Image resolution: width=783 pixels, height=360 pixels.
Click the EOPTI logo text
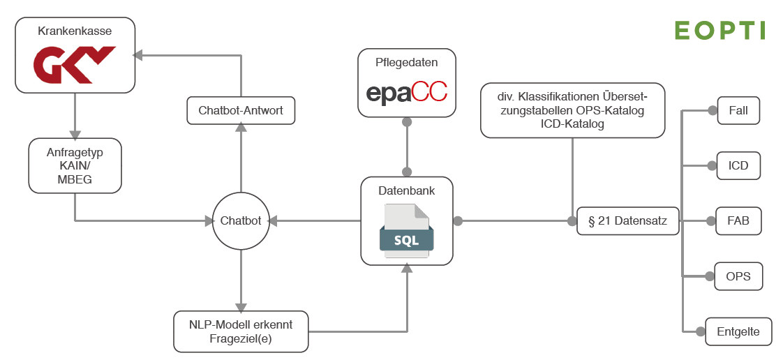coord(719,30)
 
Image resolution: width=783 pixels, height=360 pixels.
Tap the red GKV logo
coord(75,63)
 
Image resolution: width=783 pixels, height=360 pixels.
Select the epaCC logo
coord(407,93)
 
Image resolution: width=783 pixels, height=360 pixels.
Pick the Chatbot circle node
coord(241,221)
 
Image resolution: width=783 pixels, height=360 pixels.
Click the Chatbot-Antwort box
coord(241,110)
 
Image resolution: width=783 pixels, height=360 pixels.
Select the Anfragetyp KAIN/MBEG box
coord(75,165)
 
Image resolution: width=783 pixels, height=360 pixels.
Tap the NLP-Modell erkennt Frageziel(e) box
coord(241,331)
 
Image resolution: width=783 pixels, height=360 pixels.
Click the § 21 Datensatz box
coord(628,222)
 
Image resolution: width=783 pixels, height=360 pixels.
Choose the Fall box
coord(738,111)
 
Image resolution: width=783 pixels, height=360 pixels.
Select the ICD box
coord(738,166)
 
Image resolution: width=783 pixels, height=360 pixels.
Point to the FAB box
coord(738,221)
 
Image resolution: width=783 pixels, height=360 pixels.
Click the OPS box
coord(738,276)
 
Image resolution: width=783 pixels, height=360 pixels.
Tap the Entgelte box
coord(738,331)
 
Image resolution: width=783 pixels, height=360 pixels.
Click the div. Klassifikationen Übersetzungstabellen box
coord(572,110)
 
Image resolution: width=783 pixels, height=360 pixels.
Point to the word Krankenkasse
coord(75,31)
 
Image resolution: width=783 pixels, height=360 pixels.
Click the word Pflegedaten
coord(407,62)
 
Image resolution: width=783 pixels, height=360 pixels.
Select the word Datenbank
coord(406,190)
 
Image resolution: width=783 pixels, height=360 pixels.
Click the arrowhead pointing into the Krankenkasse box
coord(138,54)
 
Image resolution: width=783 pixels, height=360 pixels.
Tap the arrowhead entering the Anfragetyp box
coord(75,135)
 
